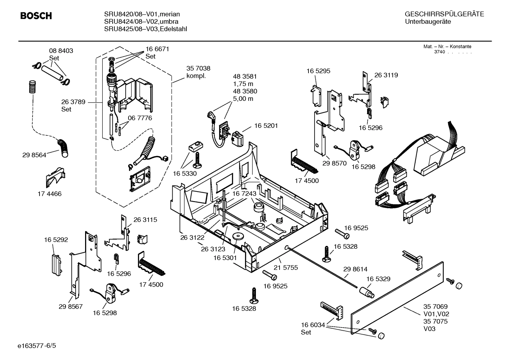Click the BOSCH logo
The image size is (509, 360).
[36, 16]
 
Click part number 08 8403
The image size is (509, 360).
[61, 51]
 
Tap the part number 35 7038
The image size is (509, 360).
[198, 69]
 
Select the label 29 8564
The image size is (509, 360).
[34, 155]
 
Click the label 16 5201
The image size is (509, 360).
[266, 126]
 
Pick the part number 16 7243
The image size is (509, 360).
[244, 194]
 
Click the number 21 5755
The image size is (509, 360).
[286, 268]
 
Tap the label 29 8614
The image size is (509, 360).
[355, 269]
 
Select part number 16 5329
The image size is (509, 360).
[378, 279]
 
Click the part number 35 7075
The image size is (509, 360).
[435, 321]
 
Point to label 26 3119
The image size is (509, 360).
[386, 75]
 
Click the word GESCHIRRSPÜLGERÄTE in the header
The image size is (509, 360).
[444, 14]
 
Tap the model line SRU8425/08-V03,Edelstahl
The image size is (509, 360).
[145, 29]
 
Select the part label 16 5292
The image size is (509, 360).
[56, 240]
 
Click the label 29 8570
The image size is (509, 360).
[334, 164]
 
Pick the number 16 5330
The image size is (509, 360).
[185, 173]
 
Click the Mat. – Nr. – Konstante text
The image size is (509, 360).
[447, 47]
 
